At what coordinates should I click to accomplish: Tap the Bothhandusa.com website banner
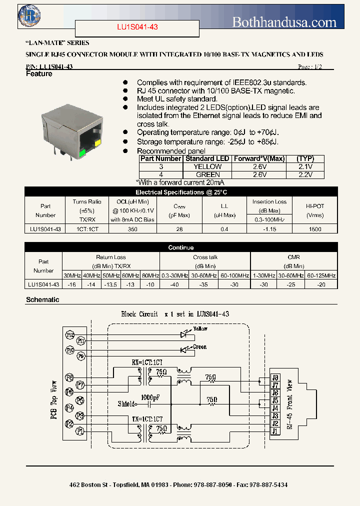tap(284, 22)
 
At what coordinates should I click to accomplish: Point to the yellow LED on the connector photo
tap(97, 143)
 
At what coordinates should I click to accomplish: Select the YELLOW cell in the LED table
tap(207, 166)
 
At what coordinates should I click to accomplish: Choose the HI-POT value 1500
tap(315, 228)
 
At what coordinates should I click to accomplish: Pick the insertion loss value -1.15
tap(269, 228)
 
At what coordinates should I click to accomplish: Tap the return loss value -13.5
tap(111, 284)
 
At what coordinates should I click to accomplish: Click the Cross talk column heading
tap(204, 257)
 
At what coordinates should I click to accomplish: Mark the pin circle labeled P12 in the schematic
tap(70, 335)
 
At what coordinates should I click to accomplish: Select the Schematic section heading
tap(42, 299)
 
